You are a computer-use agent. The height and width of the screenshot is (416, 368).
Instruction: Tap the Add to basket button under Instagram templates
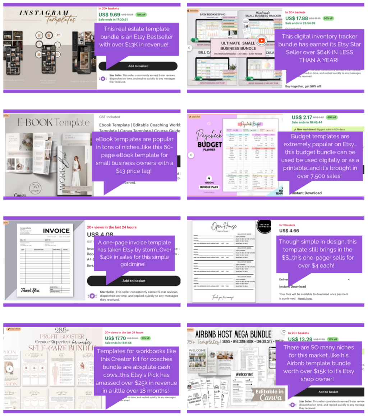(138, 66)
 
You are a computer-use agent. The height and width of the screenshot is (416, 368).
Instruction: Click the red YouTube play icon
(261, 41)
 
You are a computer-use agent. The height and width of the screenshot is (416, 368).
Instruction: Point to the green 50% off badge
(328, 18)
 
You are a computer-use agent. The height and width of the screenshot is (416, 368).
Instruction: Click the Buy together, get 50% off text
(303, 86)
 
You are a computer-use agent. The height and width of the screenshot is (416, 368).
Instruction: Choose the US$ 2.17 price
(302, 117)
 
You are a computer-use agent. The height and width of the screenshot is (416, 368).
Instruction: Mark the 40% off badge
(332, 117)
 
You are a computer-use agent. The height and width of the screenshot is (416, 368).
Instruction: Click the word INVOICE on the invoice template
(56, 230)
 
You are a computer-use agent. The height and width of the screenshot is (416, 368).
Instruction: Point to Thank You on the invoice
(31, 290)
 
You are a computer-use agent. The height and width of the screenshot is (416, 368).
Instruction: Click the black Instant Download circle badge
(264, 227)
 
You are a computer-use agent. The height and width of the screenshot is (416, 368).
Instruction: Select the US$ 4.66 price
(289, 231)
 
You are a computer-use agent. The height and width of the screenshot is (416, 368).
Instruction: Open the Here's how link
(305, 298)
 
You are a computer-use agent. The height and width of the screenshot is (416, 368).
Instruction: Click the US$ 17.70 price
(115, 338)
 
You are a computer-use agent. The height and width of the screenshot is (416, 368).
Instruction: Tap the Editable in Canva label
(265, 392)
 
